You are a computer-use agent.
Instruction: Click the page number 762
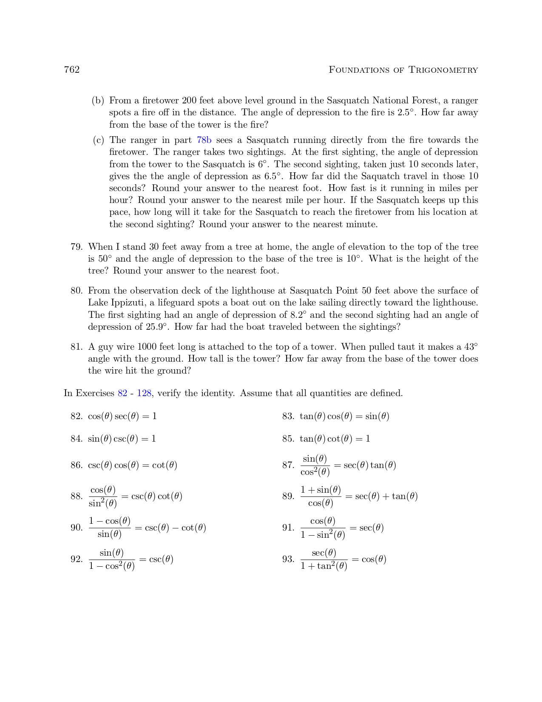[72, 70]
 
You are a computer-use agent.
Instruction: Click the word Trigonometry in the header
[443, 70]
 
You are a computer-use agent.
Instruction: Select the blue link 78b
[204, 140]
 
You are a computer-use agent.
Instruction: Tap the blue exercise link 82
[122, 393]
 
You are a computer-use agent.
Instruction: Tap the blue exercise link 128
[144, 393]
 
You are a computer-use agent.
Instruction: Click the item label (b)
[98, 101]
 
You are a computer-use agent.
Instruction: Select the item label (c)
[98, 140]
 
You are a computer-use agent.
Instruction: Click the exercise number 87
[288, 465]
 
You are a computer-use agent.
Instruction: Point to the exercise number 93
[288, 559]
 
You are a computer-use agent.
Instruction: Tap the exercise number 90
[76, 528]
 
